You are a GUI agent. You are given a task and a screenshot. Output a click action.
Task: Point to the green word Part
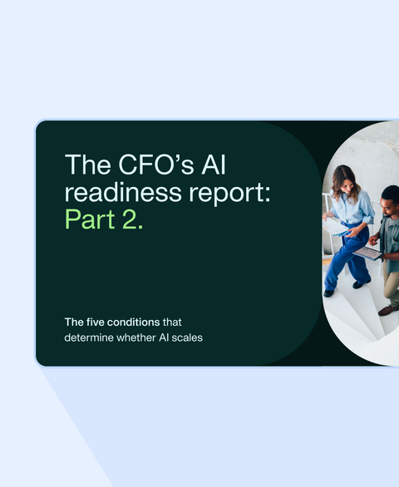point(92,220)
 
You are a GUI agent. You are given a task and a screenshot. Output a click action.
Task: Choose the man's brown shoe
point(387,309)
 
